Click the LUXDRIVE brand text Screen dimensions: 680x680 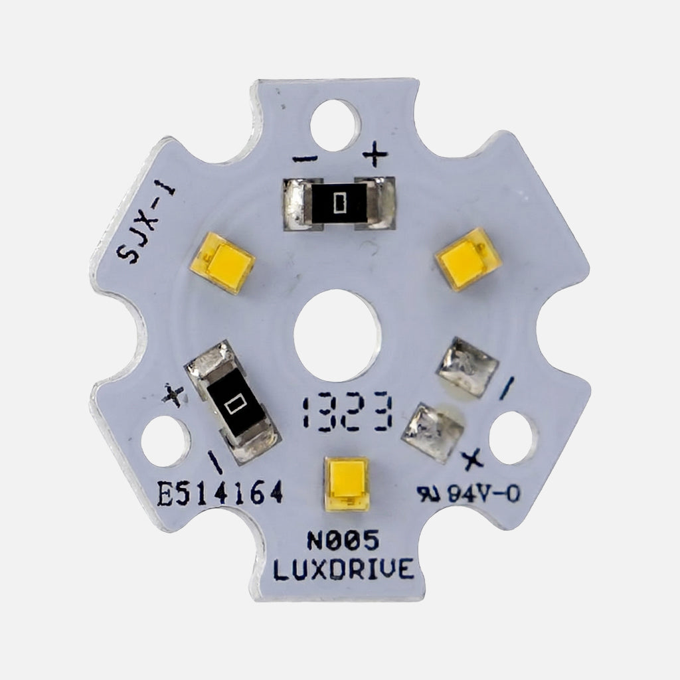343,570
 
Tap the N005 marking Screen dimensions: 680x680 343,543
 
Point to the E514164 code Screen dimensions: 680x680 220,494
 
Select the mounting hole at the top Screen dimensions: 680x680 335,124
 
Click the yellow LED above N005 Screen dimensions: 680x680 347,484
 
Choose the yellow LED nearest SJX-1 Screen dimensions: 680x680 226,263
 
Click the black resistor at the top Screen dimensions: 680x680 339,203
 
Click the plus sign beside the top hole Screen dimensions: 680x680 375,157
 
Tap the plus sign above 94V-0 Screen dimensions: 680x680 473,457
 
